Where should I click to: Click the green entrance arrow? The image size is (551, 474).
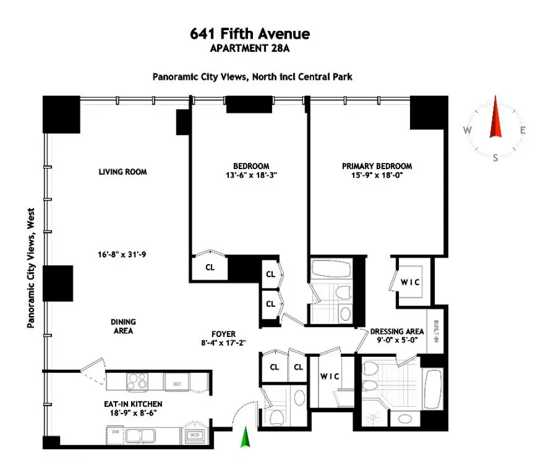(x=245, y=437)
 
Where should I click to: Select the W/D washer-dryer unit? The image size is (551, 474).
(x=195, y=435)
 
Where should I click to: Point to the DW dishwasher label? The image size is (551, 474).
(x=116, y=432)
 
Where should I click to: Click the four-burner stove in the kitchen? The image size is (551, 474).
(x=137, y=382)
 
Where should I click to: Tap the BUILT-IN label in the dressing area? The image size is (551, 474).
(x=436, y=331)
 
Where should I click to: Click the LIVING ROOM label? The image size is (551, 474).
(x=123, y=172)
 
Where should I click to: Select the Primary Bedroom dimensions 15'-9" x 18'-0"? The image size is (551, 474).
(x=377, y=175)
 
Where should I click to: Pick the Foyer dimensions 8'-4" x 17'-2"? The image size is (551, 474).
(x=224, y=342)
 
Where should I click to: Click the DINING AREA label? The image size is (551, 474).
(x=123, y=326)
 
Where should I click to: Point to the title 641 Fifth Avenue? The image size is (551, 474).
(x=250, y=34)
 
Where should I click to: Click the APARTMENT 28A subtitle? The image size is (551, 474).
(x=250, y=48)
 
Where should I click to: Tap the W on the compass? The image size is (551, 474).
(x=467, y=130)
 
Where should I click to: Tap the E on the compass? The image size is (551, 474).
(x=523, y=130)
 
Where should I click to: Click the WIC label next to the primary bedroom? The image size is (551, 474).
(x=410, y=282)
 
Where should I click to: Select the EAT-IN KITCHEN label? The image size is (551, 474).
(x=133, y=404)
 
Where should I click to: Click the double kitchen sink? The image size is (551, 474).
(x=141, y=435)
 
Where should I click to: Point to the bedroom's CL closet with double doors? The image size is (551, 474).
(x=210, y=268)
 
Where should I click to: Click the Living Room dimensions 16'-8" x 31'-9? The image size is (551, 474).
(x=122, y=254)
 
